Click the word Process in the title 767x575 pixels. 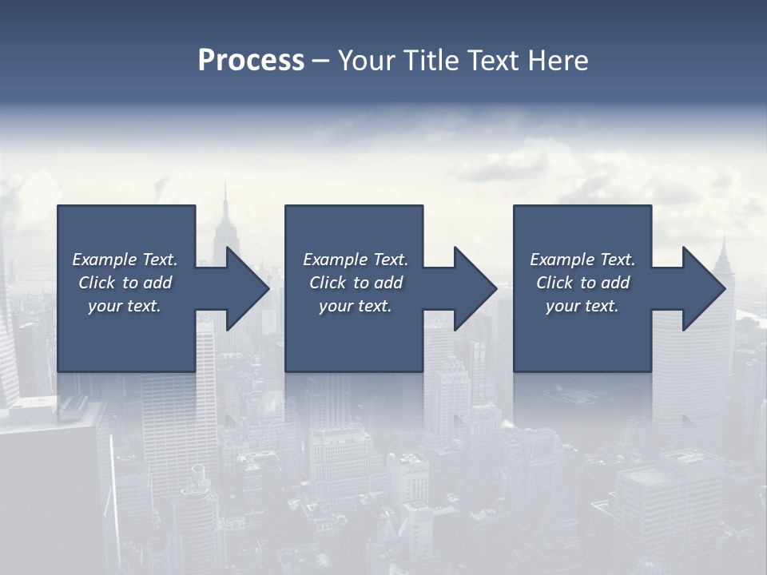pyautogui.click(x=251, y=61)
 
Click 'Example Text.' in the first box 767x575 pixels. pyautogui.click(x=125, y=260)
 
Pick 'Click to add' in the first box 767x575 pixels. pyautogui.click(x=125, y=283)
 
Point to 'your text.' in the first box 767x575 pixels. pyautogui.click(x=125, y=306)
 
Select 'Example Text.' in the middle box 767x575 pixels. pyautogui.click(x=356, y=260)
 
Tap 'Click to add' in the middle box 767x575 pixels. pyautogui.click(x=356, y=283)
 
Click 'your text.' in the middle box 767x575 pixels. pyautogui.click(x=356, y=306)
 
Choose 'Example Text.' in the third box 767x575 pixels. pyautogui.click(x=582, y=260)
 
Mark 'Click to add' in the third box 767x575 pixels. pyautogui.click(x=582, y=283)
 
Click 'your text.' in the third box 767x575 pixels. pyautogui.click(x=582, y=306)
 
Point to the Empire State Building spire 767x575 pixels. pyautogui.click(x=225, y=200)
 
